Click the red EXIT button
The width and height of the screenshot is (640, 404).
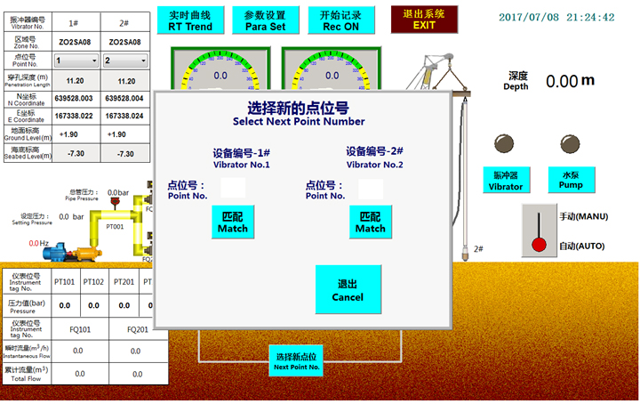(425, 19)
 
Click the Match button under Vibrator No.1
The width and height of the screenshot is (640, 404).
(233, 222)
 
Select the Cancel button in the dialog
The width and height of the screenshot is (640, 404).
(348, 289)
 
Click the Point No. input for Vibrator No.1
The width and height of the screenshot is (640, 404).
(233, 188)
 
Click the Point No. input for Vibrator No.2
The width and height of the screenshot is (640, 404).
(372, 189)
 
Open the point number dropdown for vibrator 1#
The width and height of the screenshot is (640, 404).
(75, 61)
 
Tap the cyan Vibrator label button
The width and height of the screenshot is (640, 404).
(506, 181)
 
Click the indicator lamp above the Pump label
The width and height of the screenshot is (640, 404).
(570, 144)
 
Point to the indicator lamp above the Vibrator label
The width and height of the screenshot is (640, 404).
(505, 144)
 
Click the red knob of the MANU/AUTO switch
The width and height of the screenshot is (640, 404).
(538, 245)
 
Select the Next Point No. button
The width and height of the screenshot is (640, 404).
(296, 361)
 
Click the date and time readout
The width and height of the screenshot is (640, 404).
(556, 17)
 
